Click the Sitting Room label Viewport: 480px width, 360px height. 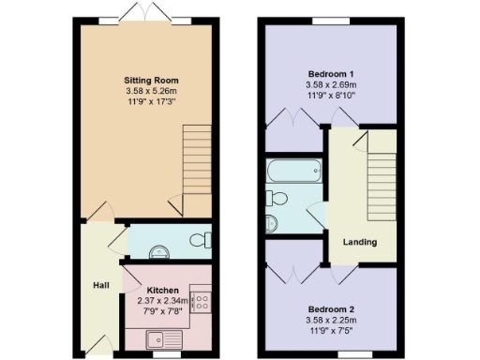click(151, 81)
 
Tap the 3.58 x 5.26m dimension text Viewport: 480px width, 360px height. click(151, 91)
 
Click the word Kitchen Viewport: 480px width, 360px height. click(162, 291)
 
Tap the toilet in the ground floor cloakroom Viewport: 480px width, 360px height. click(200, 241)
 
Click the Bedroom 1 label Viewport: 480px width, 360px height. click(331, 73)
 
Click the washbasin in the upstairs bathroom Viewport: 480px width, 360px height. click(271, 222)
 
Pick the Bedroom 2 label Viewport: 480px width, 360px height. click(331, 307)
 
